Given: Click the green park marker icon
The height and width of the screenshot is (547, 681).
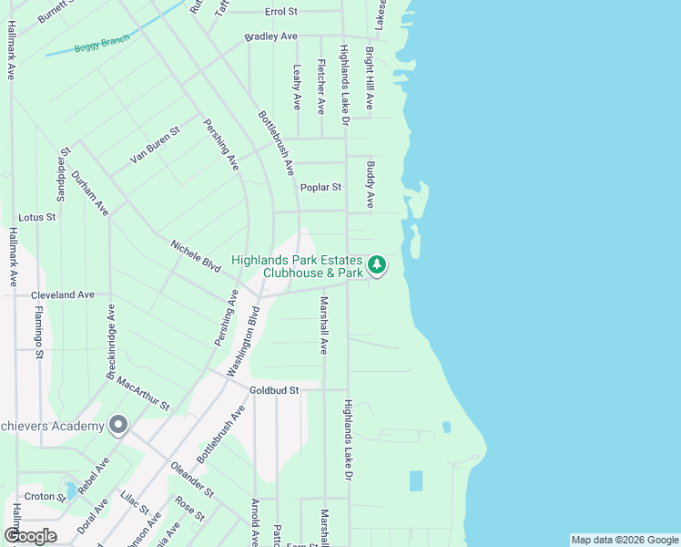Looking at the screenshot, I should tap(378, 266).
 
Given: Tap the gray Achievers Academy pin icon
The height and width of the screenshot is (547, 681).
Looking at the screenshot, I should tap(117, 425).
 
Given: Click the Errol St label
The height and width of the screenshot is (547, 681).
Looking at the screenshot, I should tap(281, 12).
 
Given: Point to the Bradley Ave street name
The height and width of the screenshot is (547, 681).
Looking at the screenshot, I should tap(270, 36).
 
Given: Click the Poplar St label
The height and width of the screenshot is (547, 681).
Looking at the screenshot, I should tap(320, 187).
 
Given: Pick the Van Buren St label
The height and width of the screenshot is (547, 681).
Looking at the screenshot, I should tap(155, 145).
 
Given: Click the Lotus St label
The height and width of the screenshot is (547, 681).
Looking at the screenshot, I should tap(37, 217).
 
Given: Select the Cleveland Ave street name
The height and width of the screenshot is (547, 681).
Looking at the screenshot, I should tap(63, 295).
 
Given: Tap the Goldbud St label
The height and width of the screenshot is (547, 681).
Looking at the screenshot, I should tap(275, 390).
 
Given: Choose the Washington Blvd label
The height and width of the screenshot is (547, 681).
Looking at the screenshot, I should tap(242, 342).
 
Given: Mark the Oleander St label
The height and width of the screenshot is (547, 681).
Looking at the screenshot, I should tap(192, 480).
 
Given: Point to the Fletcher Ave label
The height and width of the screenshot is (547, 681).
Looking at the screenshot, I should tap(320, 87).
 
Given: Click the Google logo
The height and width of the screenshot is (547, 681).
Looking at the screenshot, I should tap(30, 536).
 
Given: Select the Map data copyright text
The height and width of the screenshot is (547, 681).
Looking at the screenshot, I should tap(624, 540).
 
